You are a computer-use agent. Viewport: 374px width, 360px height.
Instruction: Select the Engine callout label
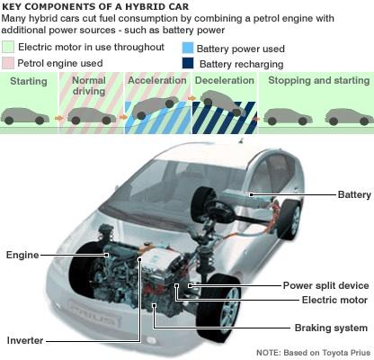(x=22, y=256)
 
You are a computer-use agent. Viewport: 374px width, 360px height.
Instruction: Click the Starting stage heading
(x=28, y=82)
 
